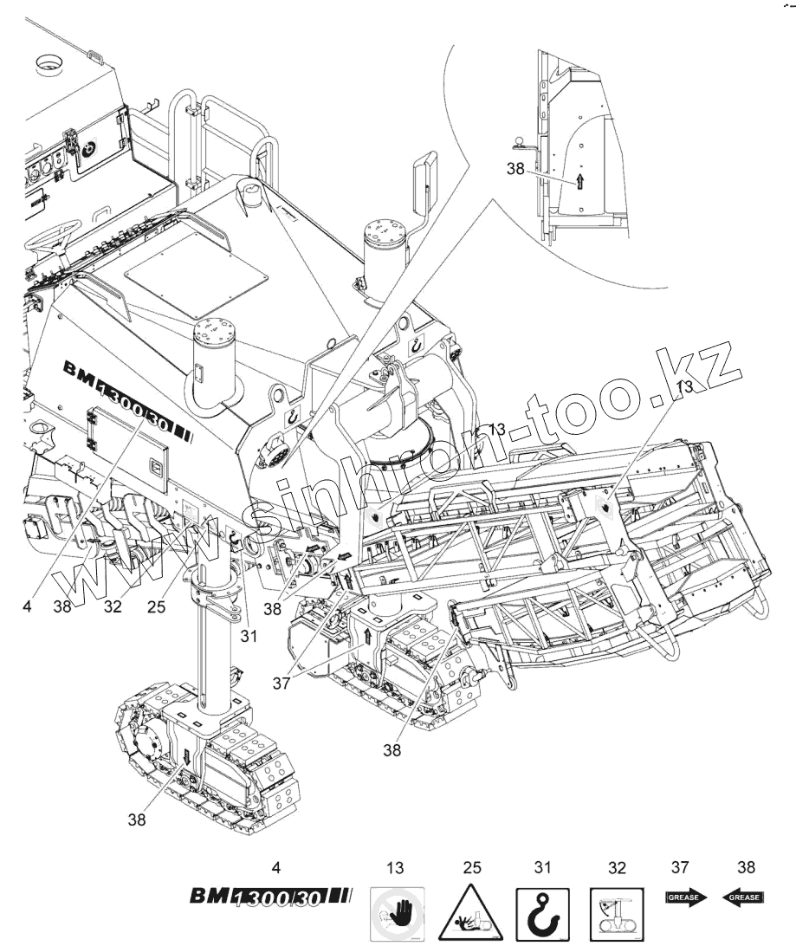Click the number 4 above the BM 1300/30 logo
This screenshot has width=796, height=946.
coord(275,865)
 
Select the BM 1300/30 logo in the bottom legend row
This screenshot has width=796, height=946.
coord(270,897)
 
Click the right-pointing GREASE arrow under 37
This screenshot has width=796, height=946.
coord(686,897)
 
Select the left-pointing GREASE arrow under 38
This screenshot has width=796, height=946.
coord(742,897)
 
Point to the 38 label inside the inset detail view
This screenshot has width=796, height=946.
coord(517,171)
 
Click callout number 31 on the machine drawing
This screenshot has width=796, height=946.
coord(249,637)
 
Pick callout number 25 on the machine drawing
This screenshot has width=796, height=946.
coord(156,606)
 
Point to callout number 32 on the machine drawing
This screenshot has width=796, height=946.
coord(113,606)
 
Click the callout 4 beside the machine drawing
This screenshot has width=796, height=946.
coord(29,606)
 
